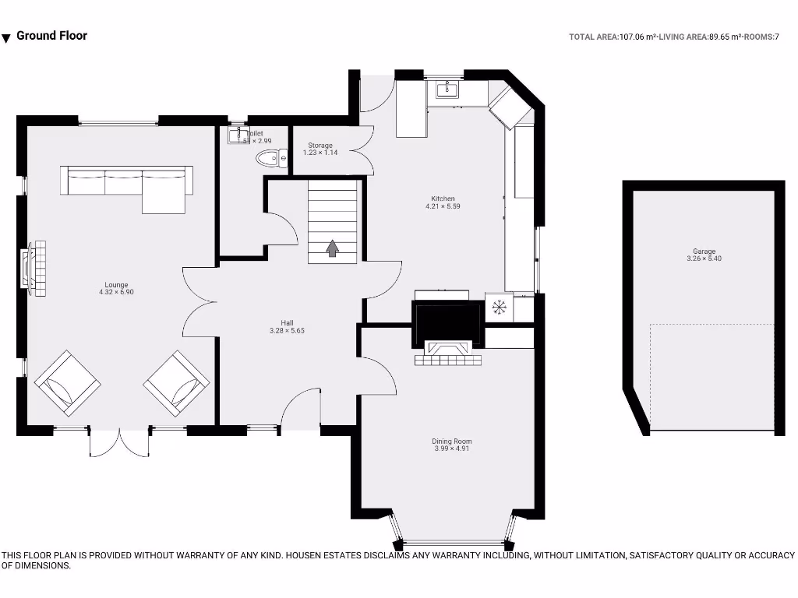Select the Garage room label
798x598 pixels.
click(x=704, y=252)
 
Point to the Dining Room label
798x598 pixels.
click(x=452, y=441)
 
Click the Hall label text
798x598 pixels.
click(x=287, y=323)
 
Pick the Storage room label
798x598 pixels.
click(x=320, y=146)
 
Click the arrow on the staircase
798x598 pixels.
click(x=333, y=248)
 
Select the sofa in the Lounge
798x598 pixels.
click(x=128, y=185)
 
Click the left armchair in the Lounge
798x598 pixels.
click(x=68, y=382)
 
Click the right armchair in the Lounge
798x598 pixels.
click(x=177, y=382)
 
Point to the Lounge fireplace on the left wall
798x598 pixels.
click(x=35, y=268)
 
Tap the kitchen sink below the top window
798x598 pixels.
click(x=447, y=90)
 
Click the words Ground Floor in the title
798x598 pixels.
click(x=51, y=35)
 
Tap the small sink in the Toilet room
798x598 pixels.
click(x=237, y=136)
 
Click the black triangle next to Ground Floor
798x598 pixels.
click(x=6, y=38)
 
